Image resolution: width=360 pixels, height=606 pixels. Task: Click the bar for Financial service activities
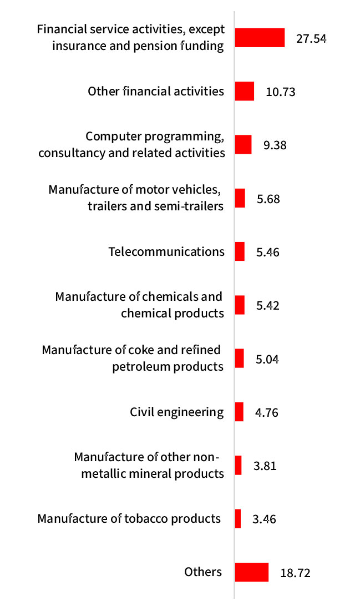[x=260, y=38]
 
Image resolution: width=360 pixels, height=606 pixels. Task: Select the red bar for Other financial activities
[x=245, y=91]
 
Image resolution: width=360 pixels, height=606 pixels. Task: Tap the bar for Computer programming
[x=243, y=144]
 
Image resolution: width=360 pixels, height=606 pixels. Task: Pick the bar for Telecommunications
[x=240, y=251]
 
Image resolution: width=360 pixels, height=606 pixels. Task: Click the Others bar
[x=252, y=572]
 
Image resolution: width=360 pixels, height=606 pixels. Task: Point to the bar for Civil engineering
[x=239, y=412]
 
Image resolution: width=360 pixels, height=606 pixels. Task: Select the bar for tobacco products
[x=238, y=519]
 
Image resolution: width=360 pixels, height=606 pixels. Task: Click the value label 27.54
[x=311, y=39]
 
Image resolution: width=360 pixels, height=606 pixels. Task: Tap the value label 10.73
[x=281, y=92]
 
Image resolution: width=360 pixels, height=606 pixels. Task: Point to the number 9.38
[x=275, y=145]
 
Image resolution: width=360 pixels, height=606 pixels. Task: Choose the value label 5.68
[x=268, y=199]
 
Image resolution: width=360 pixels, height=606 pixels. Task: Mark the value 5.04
[x=267, y=360]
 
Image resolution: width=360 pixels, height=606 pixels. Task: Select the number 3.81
[x=265, y=466]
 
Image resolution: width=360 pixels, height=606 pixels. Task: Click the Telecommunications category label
[x=166, y=251]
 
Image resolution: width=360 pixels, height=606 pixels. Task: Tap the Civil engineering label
[x=177, y=412]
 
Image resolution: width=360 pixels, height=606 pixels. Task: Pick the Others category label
[x=203, y=572]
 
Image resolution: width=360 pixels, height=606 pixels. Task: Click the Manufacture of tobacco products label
[x=129, y=519]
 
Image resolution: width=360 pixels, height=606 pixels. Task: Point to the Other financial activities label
[x=156, y=91]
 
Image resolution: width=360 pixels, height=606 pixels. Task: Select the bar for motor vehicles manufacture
[x=240, y=198]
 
